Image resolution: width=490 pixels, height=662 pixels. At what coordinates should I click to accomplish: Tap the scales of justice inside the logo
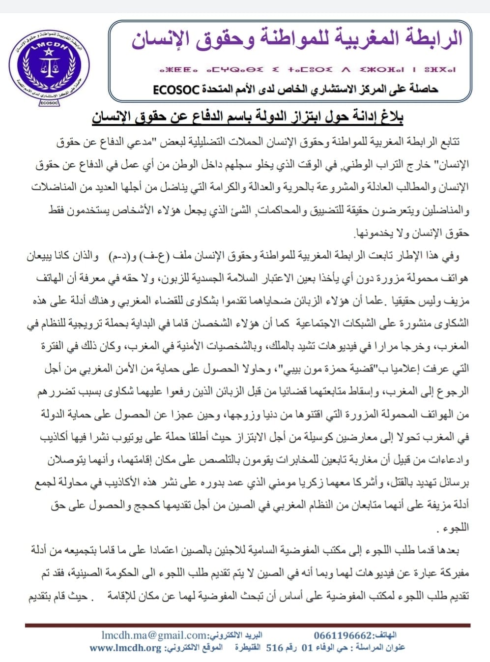50,65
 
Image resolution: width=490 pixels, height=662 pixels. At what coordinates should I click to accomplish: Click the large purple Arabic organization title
297,39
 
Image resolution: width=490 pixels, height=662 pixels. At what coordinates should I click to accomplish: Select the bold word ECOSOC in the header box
175,90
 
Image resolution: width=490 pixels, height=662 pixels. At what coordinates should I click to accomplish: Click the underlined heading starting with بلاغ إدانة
248,117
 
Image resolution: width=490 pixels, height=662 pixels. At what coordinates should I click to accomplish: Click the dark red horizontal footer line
248,625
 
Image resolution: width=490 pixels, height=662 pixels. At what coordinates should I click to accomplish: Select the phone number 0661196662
343,635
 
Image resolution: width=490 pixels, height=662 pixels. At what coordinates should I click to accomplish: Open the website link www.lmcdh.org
125,648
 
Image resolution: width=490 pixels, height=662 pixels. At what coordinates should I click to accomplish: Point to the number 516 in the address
275,648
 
